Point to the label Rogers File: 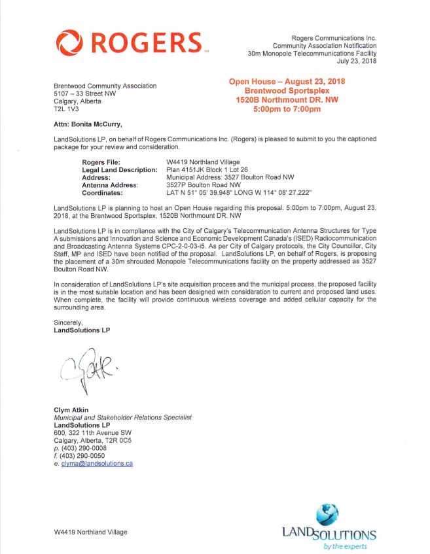(102, 162)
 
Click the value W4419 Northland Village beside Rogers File (204, 162)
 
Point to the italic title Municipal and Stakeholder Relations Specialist (123, 418)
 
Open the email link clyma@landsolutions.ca (97, 464)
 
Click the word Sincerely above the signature (68, 322)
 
